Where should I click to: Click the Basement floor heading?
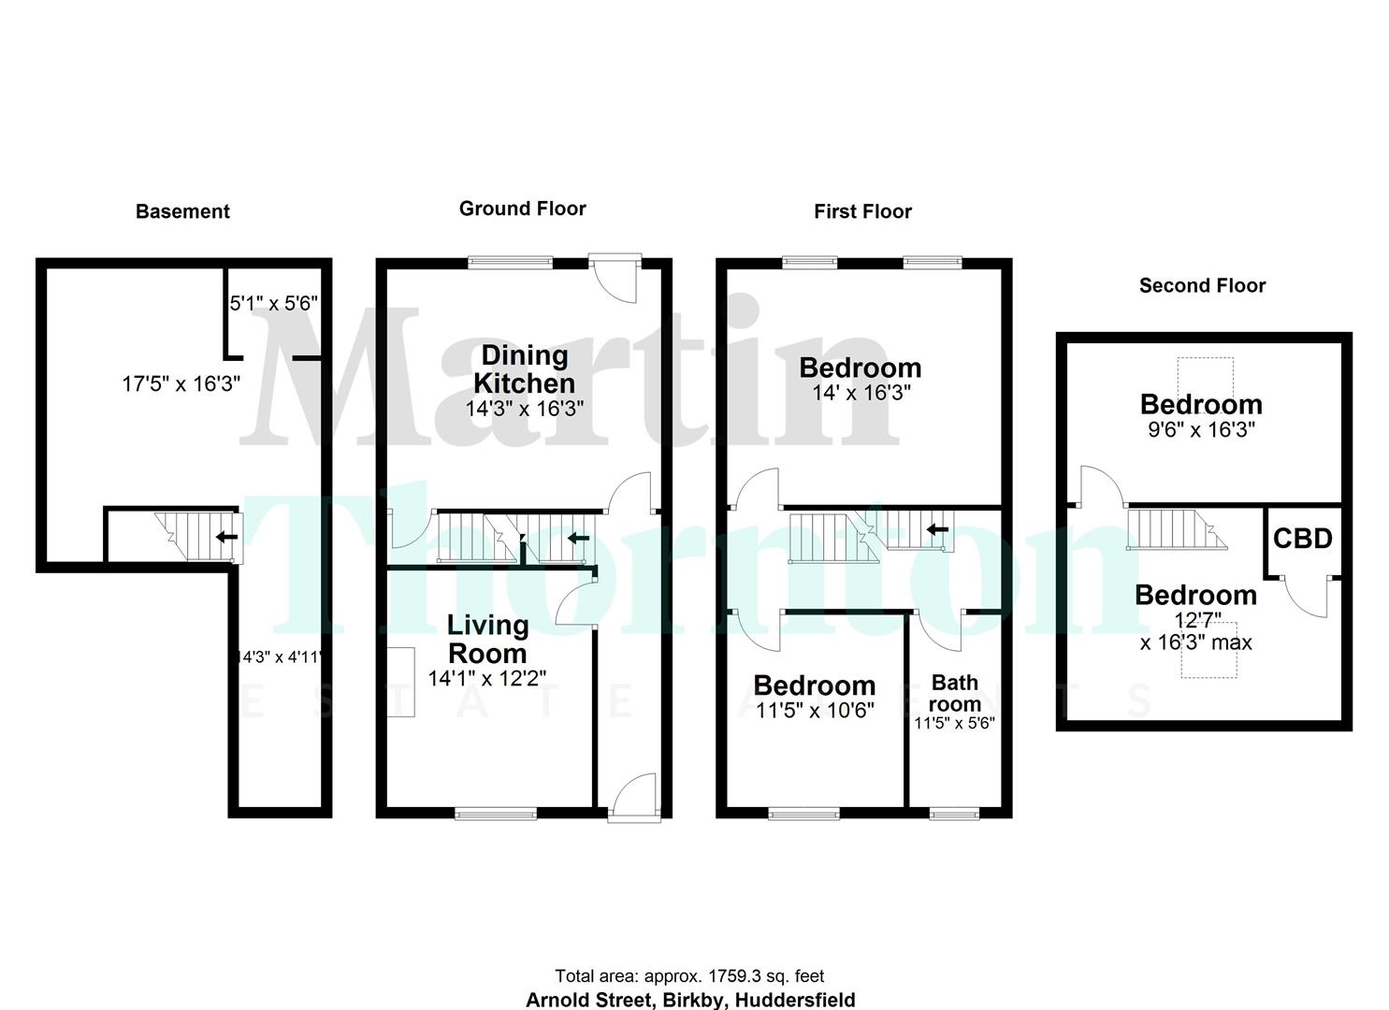pyautogui.click(x=182, y=211)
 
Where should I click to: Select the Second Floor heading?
pyautogui.click(x=1202, y=286)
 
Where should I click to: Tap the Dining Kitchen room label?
pyautogui.click(x=524, y=369)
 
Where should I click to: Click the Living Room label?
pyautogui.click(x=486, y=639)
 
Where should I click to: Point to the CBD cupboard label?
pyautogui.click(x=1302, y=539)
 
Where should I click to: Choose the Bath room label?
pyautogui.click(x=954, y=693)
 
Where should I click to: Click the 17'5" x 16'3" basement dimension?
pyautogui.click(x=181, y=383)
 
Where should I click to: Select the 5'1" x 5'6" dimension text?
pyautogui.click(x=274, y=303)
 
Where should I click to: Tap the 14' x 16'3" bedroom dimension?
pyautogui.click(x=861, y=393)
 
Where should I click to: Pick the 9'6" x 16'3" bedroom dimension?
pyautogui.click(x=1201, y=430)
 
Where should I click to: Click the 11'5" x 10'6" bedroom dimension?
pyautogui.click(x=814, y=711)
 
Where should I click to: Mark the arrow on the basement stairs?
pyautogui.click(x=225, y=537)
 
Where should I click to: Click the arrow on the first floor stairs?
pyautogui.click(x=937, y=529)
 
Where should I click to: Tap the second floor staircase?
pyautogui.click(x=1174, y=529)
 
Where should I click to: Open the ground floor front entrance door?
pyautogui.click(x=633, y=795)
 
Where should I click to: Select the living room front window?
pyautogui.click(x=496, y=814)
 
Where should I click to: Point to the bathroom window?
pyautogui.click(x=954, y=814)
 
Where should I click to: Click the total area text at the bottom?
pyautogui.click(x=689, y=976)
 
